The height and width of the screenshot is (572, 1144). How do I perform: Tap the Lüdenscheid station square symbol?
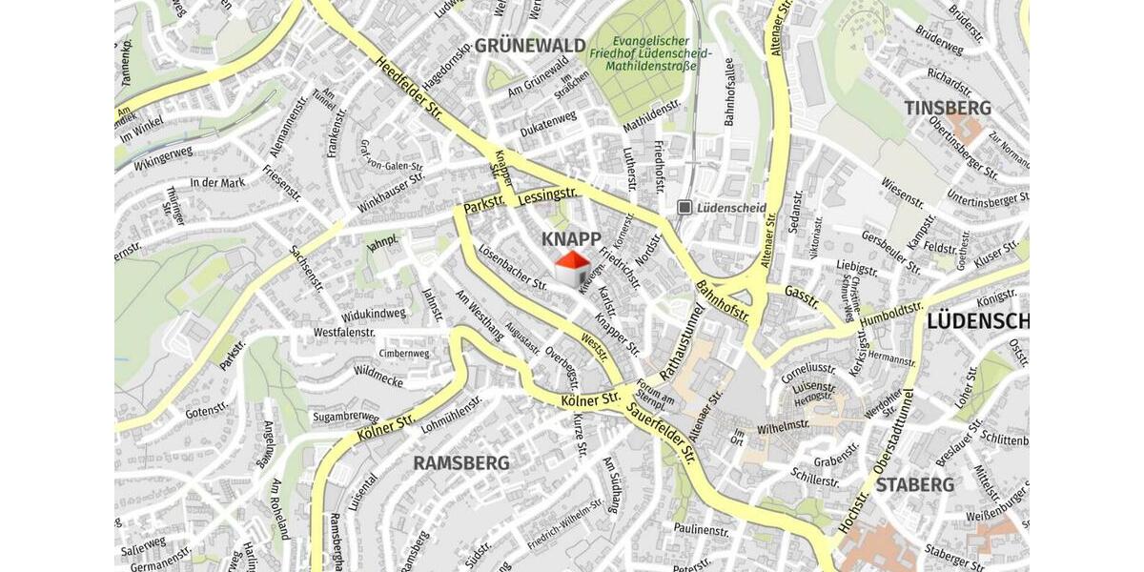coord(684,207)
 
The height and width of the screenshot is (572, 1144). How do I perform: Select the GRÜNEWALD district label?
coord(529,45)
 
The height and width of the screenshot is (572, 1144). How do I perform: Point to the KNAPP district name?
coord(571,238)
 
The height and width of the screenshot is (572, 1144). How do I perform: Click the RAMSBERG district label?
coord(461,463)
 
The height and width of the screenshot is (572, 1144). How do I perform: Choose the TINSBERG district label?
coord(948,108)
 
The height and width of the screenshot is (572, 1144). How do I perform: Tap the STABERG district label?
coord(914,485)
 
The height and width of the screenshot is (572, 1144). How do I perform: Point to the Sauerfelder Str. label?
coord(662,434)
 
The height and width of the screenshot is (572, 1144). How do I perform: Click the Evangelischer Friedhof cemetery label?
coord(650,54)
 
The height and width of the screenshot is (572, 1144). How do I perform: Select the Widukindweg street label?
coord(373,314)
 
